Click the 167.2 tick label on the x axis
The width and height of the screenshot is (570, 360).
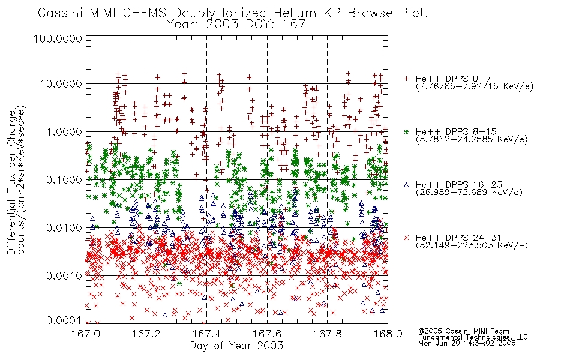point(146,334)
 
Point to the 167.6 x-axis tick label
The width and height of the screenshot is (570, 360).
point(267,334)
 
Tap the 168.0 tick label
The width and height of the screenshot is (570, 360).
point(388,334)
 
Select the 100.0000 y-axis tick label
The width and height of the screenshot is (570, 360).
point(58,38)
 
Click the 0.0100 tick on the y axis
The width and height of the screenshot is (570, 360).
point(64,228)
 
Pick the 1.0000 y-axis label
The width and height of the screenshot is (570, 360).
point(64,132)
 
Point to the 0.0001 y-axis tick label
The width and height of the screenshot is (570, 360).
point(64,320)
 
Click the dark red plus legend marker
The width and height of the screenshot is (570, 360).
point(406,79)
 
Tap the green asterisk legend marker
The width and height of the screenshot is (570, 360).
point(406,131)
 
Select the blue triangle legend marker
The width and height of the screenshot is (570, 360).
point(406,185)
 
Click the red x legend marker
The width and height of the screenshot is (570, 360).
point(406,238)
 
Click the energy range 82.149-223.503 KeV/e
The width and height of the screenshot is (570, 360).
point(472,245)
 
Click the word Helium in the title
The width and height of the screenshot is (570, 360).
point(295,13)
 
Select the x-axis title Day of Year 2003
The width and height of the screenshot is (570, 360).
point(236,346)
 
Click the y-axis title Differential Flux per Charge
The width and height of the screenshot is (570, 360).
point(11,182)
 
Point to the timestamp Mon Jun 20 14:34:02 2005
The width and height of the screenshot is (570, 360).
point(467,343)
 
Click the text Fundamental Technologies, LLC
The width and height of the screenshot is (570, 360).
point(473,337)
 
